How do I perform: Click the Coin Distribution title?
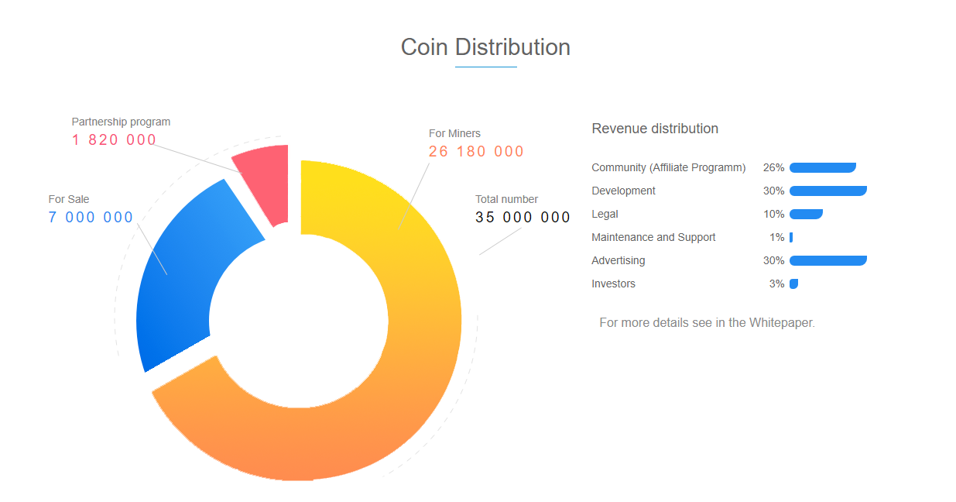[x=485, y=47]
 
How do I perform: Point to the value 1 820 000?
[x=114, y=140]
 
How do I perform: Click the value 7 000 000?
[x=91, y=218]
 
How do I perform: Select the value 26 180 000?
[x=476, y=152]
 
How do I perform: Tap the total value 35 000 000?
[x=523, y=218]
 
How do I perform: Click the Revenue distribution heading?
[x=655, y=129]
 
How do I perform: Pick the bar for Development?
[x=828, y=191]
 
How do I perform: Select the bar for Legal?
[x=806, y=214]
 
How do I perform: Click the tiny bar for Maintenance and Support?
[x=791, y=237]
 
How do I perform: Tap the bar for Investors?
[x=793, y=284]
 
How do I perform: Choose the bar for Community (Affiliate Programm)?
[x=822, y=167]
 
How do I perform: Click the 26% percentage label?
[x=773, y=167]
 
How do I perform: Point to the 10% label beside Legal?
[x=773, y=214]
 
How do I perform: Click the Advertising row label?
[x=618, y=260]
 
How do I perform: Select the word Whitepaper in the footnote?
[x=781, y=322]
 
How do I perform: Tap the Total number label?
[x=506, y=199]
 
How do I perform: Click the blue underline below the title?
[x=485, y=67]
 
